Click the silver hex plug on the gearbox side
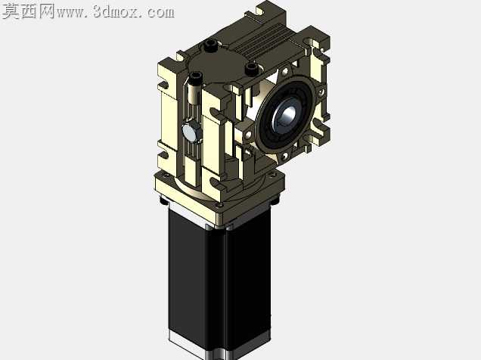[x=191, y=132]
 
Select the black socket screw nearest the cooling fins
[x=251, y=69]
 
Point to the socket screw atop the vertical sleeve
[x=196, y=76]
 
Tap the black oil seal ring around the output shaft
[x=286, y=113]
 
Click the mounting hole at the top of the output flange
[x=285, y=72]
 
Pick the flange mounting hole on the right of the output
[x=321, y=92]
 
